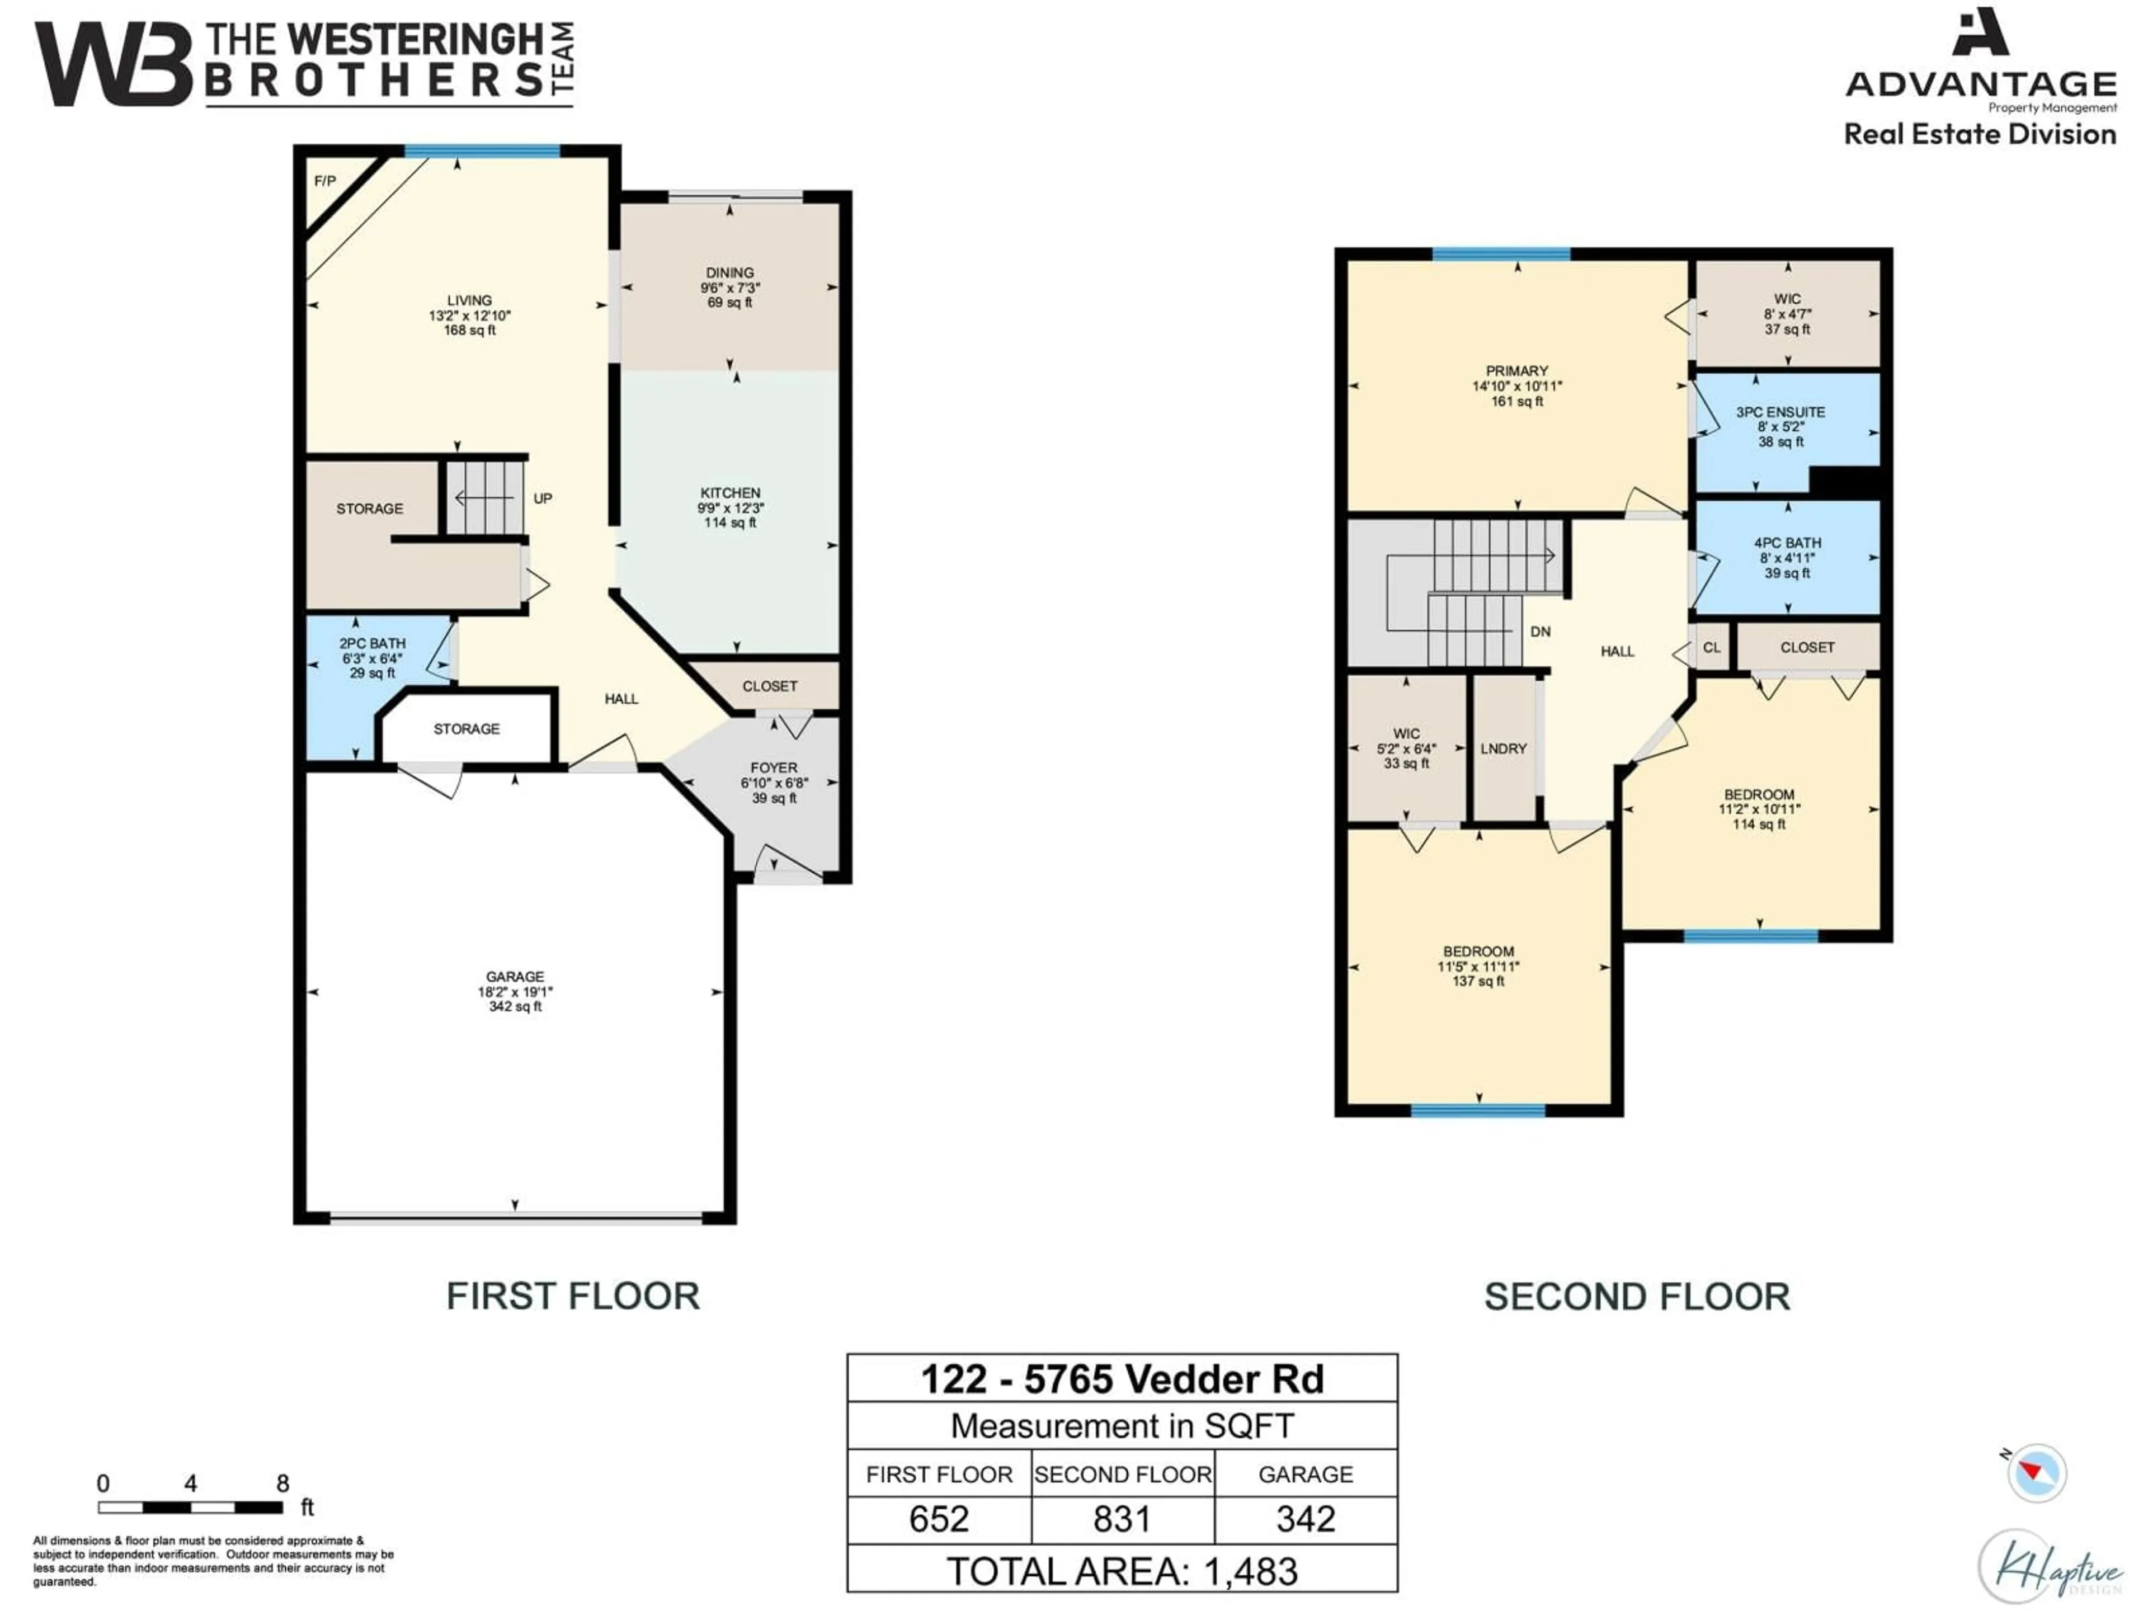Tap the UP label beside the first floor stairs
coord(543,498)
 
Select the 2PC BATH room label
coord(372,643)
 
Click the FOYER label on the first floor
coord(774,767)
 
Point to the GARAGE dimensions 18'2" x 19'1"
coord(515,991)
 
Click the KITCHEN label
coord(730,492)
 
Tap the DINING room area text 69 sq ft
coord(729,303)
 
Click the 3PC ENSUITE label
coord(1780,412)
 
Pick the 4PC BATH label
coord(1787,543)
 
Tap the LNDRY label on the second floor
coord(1503,748)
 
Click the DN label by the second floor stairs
coord(1540,631)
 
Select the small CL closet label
coord(1711,647)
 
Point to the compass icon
coord(2036,1473)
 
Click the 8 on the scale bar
coord(282,1483)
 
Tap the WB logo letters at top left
coord(114,64)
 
